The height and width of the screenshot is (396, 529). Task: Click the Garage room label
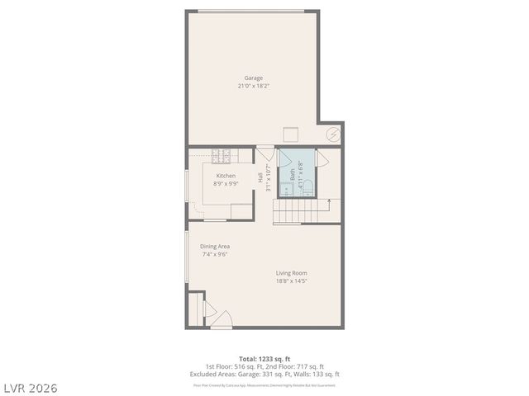pyautogui.click(x=253, y=78)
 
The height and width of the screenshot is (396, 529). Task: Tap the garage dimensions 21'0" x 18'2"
pyautogui.click(x=253, y=86)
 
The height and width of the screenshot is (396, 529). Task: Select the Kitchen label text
pyautogui.click(x=226, y=176)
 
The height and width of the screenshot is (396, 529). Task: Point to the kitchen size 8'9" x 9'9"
pyautogui.click(x=226, y=184)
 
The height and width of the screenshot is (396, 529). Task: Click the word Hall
pyautogui.click(x=260, y=177)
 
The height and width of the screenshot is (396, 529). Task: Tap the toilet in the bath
pyautogui.click(x=305, y=188)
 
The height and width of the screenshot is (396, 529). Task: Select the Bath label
pyautogui.click(x=292, y=174)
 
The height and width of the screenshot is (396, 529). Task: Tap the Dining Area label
pyautogui.click(x=215, y=246)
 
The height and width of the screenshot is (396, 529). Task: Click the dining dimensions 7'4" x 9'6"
pyautogui.click(x=215, y=254)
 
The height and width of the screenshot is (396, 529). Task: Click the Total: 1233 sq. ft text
pyautogui.click(x=264, y=360)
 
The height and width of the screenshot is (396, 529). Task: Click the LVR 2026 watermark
pyautogui.click(x=30, y=388)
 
